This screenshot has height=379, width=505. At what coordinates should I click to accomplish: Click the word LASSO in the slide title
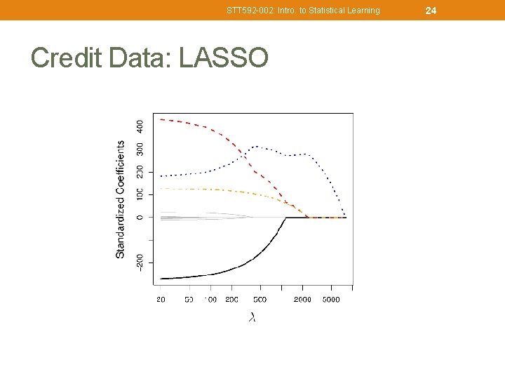224,58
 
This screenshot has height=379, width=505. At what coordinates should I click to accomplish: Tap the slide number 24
431,10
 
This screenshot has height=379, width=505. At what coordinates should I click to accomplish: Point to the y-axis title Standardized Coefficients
121,199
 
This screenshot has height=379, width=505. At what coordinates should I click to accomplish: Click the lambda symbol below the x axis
252,317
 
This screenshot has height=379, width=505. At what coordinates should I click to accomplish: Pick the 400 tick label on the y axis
140,126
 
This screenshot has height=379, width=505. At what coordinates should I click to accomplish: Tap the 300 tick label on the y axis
140,149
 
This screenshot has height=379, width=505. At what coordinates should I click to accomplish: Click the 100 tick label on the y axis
140,193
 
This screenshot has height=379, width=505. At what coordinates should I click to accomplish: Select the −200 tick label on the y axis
140,262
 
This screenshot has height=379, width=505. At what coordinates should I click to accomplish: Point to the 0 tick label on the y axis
140,217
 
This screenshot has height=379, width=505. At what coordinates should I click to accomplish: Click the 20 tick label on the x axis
161,300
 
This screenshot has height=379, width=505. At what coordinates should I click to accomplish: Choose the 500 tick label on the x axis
260,300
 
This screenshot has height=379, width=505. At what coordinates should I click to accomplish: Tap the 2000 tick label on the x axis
302,300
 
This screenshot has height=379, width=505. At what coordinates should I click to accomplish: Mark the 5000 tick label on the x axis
331,300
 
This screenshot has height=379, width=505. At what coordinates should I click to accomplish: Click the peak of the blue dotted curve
257,146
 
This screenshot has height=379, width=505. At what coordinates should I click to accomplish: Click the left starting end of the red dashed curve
161,119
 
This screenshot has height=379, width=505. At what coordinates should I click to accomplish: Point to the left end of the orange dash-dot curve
161,188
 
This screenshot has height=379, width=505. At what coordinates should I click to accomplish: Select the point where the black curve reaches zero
285,218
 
